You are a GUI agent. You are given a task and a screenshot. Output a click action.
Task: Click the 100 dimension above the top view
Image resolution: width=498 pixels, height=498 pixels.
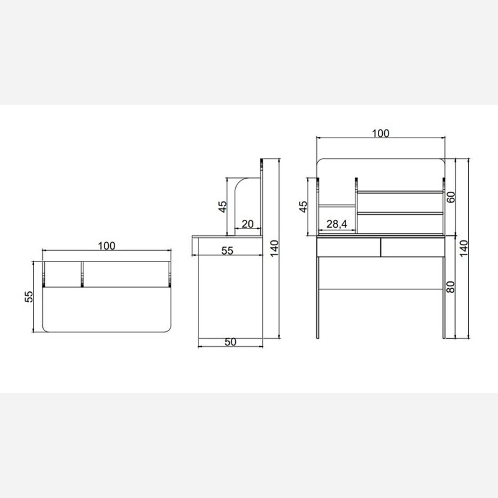point(106,246)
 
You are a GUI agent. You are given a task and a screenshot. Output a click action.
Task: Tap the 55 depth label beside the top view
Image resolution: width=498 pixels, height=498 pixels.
point(29,297)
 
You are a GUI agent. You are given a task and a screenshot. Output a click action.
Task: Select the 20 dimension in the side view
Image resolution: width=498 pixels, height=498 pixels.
point(247,224)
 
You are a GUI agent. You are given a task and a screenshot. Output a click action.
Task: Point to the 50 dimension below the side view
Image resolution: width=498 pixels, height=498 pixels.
point(230,342)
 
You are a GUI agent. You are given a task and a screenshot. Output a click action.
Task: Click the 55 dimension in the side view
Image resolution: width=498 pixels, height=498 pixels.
point(227,251)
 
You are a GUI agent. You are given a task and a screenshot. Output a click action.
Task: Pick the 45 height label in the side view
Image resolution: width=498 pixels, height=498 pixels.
point(223,207)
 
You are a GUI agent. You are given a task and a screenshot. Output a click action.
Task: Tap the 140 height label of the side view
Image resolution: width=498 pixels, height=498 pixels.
point(275,248)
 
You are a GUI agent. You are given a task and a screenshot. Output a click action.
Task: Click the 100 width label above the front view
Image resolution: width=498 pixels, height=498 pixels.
point(380,133)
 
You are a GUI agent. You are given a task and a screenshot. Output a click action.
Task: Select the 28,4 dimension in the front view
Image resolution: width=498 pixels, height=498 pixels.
point(337,224)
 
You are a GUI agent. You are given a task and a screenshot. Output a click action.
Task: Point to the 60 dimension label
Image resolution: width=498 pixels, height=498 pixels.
point(451,197)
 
